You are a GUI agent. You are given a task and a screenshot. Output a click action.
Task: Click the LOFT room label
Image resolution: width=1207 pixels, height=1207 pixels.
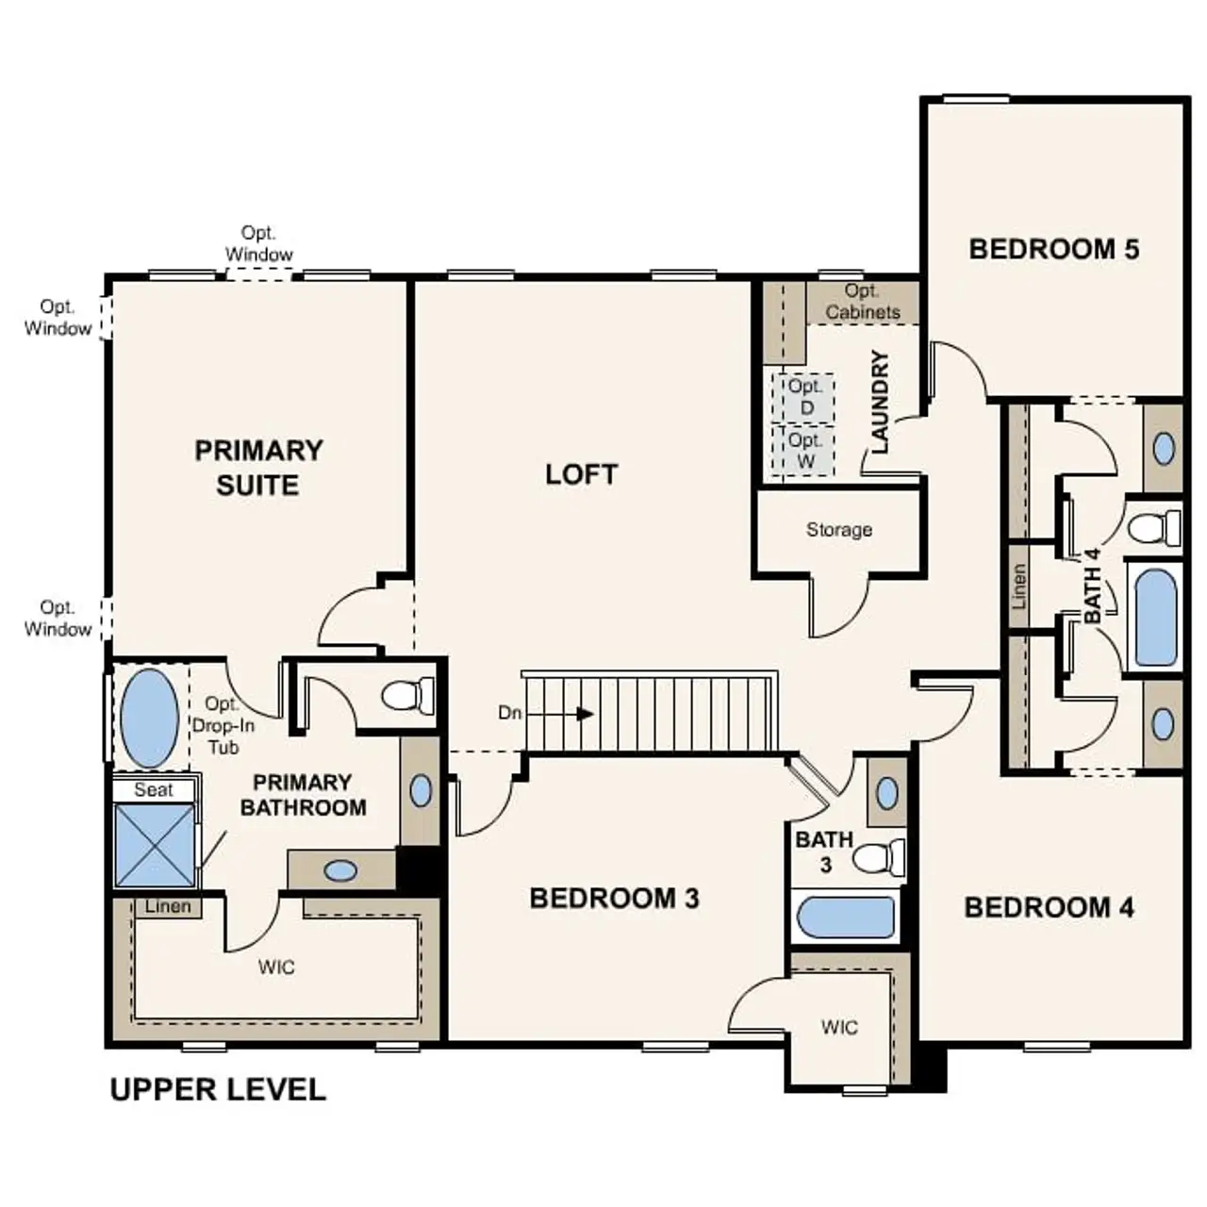tap(581, 474)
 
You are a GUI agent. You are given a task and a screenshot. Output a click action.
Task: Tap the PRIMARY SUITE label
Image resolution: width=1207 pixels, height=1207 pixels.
tap(258, 468)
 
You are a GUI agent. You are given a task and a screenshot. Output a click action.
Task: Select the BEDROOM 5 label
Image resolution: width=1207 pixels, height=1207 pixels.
tap(1053, 249)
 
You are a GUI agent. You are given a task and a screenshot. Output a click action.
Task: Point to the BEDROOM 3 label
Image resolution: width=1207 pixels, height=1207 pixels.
tap(614, 898)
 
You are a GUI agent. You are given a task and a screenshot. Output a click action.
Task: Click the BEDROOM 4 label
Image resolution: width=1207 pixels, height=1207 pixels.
tap(1049, 907)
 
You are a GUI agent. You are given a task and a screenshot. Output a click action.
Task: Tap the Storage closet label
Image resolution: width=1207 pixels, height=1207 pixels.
tap(838, 530)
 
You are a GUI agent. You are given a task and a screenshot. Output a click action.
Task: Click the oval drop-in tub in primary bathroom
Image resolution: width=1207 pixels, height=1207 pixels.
tap(150, 719)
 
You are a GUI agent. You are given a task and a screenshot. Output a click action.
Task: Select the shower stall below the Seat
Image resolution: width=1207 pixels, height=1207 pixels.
tap(155, 845)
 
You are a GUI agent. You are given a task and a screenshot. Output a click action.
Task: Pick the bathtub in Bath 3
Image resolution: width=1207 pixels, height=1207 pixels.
tap(846, 918)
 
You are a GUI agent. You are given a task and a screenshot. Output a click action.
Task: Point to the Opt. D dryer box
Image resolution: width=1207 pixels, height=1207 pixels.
tap(805, 397)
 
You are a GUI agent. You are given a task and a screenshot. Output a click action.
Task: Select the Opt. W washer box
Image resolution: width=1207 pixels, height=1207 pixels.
tap(804, 451)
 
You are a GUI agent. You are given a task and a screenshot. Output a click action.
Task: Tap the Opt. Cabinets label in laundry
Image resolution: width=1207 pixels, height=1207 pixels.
tap(862, 302)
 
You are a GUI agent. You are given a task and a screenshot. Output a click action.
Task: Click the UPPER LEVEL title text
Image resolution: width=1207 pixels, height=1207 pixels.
tap(218, 1090)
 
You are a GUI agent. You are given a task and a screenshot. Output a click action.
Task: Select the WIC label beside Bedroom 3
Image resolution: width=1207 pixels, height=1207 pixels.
tap(838, 1027)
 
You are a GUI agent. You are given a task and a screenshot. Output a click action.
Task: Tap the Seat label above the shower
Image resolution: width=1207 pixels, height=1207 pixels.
tap(153, 790)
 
